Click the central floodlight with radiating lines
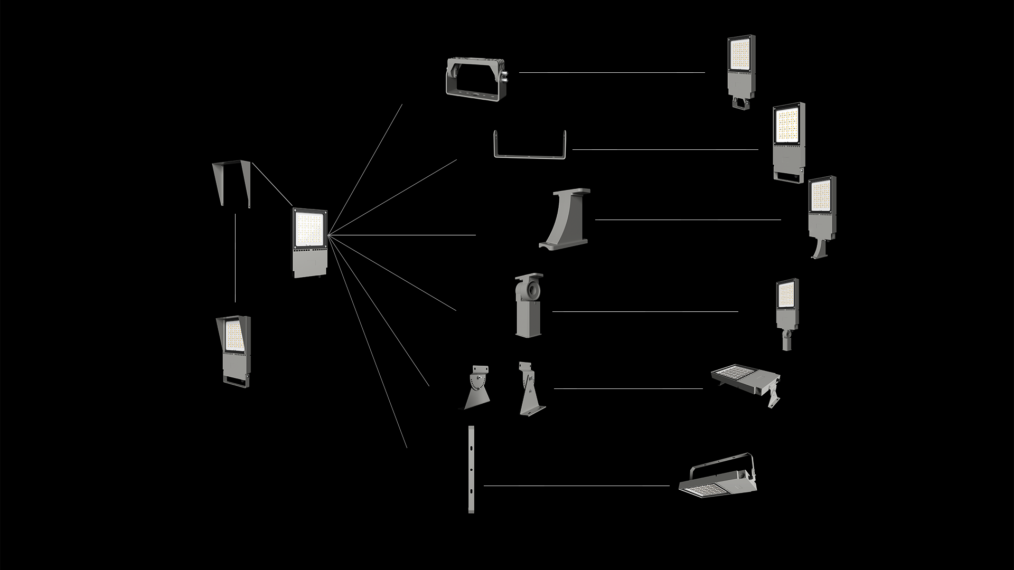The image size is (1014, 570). [310, 243]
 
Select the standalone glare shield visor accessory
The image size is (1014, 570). [231, 182]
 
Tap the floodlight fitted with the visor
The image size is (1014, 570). [233, 349]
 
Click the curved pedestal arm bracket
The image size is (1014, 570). [565, 219]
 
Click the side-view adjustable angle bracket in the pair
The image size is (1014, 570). [530, 388]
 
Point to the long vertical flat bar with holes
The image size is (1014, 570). [471, 469]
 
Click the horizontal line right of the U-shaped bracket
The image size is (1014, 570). [665, 149]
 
